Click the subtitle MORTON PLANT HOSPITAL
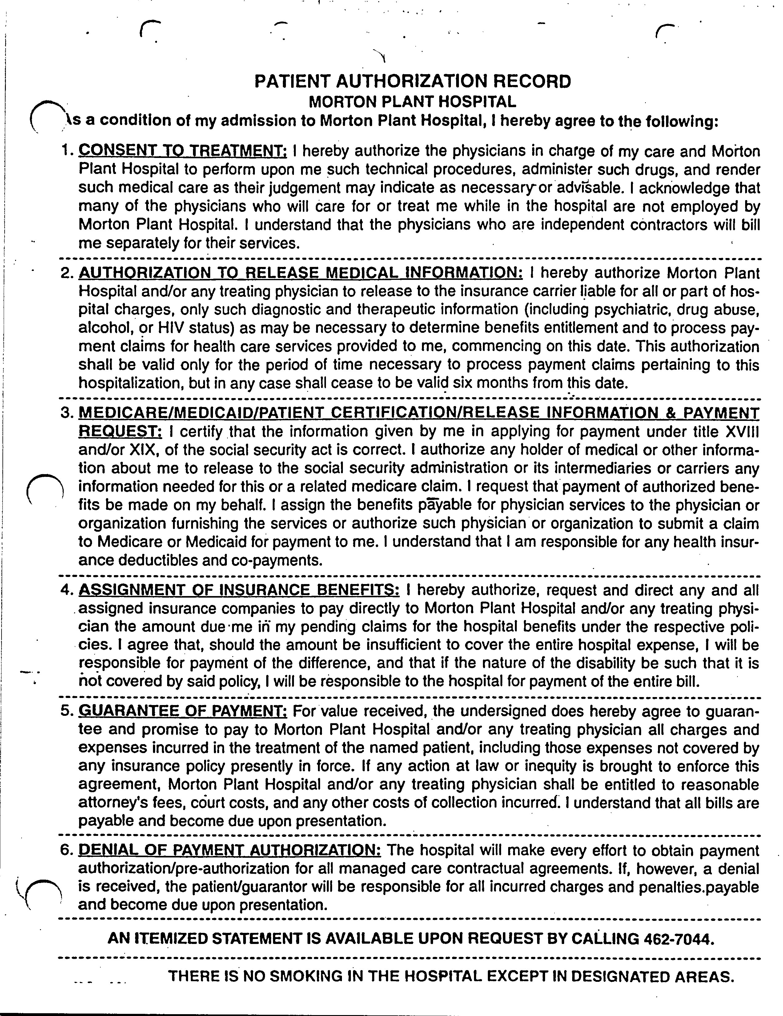pyautogui.click(x=412, y=101)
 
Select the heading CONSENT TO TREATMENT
pyautogui.click(x=183, y=151)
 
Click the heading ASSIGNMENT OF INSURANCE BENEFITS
pyautogui.click(x=239, y=590)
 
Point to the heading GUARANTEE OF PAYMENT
pyautogui.click(x=183, y=711)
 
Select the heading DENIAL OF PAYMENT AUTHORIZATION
pyautogui.click(x=230, y=850)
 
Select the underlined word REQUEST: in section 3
pyautogui.click(x=120, y=432)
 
